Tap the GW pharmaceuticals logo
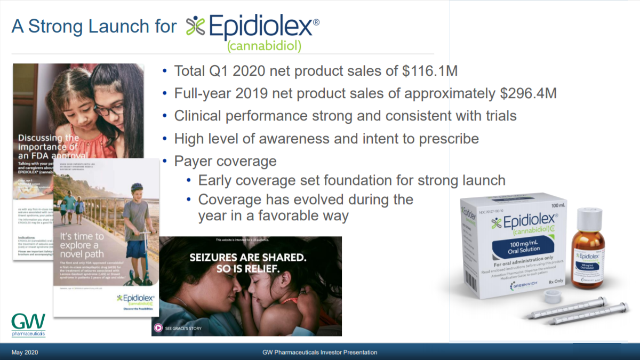tap(29, 325)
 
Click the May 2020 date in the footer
tap(25, 353)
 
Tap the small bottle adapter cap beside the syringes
tap(551, 297)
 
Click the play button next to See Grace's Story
tap(158, 328)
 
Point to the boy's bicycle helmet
tap(137, 188)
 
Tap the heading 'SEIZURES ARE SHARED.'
tap(248, 258)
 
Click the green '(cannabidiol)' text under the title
tap(264, 46)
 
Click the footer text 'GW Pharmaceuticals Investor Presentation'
tap(320, 353)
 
